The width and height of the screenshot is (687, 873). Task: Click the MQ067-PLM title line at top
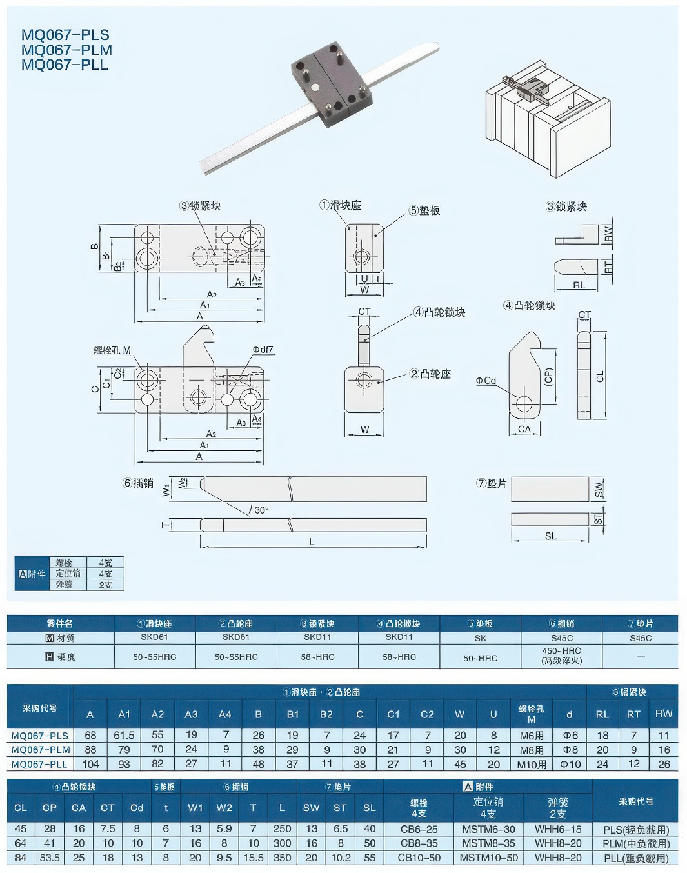tap(66, 50)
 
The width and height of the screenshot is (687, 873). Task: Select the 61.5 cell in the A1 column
tap(124, 735)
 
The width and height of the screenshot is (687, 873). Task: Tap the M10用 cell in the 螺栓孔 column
tap(532, 764)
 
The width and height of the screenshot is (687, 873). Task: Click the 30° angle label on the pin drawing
tap(261, 510)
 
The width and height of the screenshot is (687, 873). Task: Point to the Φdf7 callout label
tap(263, 350)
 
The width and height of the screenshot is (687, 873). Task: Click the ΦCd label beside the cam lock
tap(486, 381)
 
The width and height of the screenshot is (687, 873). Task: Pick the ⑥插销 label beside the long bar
tap(139, 483)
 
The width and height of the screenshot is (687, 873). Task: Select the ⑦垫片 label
tap(492, 483)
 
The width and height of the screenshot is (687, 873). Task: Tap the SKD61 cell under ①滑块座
tap(154, 637)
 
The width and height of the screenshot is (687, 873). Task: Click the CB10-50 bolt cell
tap(419, 858)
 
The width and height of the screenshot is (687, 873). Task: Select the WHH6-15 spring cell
tap(558, 829)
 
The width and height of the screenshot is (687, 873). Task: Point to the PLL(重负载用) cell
tap(636, 858)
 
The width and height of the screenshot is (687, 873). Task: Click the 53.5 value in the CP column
tap(50, 858)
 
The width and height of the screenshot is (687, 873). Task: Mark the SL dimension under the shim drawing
tap(550, 536)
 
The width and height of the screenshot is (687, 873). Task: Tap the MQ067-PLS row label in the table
tap(40, 735)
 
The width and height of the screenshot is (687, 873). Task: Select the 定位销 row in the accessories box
tap(68, 573)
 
